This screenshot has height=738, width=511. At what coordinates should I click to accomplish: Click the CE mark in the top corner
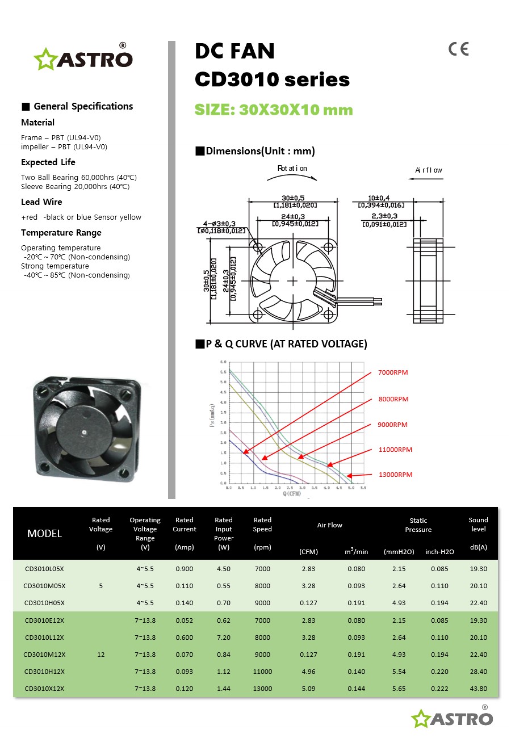458,49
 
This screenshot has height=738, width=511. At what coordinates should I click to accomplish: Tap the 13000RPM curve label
395,475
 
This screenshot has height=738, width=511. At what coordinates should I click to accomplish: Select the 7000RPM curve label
393,373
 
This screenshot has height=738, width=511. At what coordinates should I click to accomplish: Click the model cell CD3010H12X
44,672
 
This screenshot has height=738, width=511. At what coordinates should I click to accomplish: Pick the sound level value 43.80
479,689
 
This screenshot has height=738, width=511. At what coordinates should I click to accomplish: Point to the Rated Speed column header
262,533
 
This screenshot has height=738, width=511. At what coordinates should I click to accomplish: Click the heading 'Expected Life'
48,162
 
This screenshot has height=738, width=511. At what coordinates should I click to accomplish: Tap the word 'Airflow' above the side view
429,170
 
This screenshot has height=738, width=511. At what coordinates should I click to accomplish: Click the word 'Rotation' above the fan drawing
292,169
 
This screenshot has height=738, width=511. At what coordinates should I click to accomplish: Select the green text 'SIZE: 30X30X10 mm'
274,110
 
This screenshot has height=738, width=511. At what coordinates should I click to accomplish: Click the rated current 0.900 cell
185,569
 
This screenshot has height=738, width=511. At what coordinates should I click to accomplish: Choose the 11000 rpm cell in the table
262,672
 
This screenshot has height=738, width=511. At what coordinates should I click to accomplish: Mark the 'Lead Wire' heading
41,202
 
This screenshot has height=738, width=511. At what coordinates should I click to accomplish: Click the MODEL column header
44,534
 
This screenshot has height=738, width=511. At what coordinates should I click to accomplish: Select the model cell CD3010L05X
44,569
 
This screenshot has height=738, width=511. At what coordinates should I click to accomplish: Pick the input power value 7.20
224,638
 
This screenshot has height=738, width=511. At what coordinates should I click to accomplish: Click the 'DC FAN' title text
234,52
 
